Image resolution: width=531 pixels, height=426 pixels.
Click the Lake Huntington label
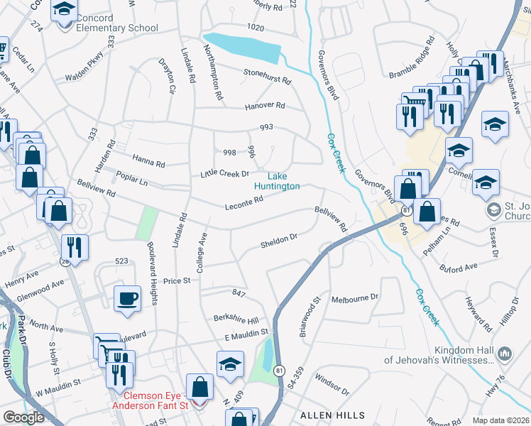point(283,181)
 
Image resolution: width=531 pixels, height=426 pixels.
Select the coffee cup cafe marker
point(127,298)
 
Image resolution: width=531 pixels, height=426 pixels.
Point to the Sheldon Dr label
point(278,240)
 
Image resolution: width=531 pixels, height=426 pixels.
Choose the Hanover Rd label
point(264,105)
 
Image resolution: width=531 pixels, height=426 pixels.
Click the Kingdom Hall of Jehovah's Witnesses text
point(438,355)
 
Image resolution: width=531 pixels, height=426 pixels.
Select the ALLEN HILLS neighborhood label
point(332,415)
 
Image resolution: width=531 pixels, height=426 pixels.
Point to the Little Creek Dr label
point(224,173)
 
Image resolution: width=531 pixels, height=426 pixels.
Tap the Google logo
point(23,417)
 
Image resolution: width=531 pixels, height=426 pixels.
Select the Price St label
point(177,281)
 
